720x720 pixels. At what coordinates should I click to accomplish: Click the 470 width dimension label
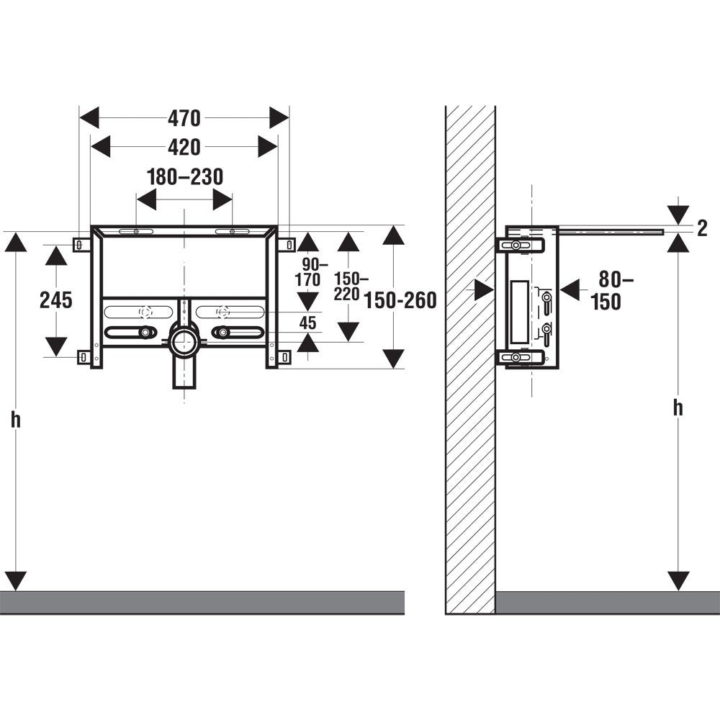pyautogui.click(x=184, y=119)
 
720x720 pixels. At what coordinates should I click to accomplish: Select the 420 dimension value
pyautogui.click(x=184, y=148)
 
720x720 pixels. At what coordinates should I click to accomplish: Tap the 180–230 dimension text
pyautogui.click(x=185, y=177)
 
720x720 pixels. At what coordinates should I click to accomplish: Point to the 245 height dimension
pyautogui.click(x=56, y=300)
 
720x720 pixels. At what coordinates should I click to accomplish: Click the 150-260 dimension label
pyautogui.click(x=400, y=300)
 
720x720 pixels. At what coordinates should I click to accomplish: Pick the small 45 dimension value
pyautogui.click(x=307, y=323)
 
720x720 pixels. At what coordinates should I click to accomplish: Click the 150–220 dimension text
pyautogui.click(x=351, y=286)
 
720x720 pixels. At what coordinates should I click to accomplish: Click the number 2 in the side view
pyautogui.click(x=702, y=229)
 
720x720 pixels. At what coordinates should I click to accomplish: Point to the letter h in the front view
pyautogui.click(x=16, y=419)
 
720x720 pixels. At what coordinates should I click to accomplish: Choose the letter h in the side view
pyautogui.click(x=678, y=408)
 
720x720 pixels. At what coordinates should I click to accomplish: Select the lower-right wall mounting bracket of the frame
pyautogui.click(x=284, y=357)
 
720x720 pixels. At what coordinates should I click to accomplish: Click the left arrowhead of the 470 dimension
pyautogui.click(x=89, y=118)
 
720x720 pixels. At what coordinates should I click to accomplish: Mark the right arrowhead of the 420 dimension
pyautogui.click(x=268, y=147)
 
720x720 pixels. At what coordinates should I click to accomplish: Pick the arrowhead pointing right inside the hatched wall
pyautogui.click(x=485, y=290)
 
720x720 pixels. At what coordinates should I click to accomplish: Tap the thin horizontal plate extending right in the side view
pyautogui.click(x=611, y=231)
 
